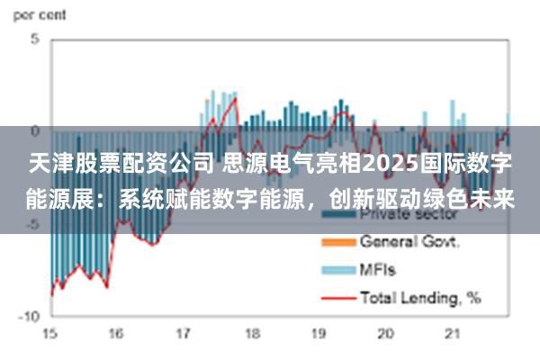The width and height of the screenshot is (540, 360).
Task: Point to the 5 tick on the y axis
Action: pos(35,40)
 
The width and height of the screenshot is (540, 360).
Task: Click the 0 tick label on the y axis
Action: pos(35,131)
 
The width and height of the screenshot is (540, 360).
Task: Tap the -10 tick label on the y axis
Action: pos(30,317)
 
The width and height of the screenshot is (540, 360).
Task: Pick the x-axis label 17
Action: pos(184,334)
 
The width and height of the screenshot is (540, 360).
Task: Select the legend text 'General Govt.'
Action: pos(409,242)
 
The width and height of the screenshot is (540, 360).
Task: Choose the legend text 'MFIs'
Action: pos(378,269)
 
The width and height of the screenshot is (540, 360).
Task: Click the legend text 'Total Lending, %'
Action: pos(419,295)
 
